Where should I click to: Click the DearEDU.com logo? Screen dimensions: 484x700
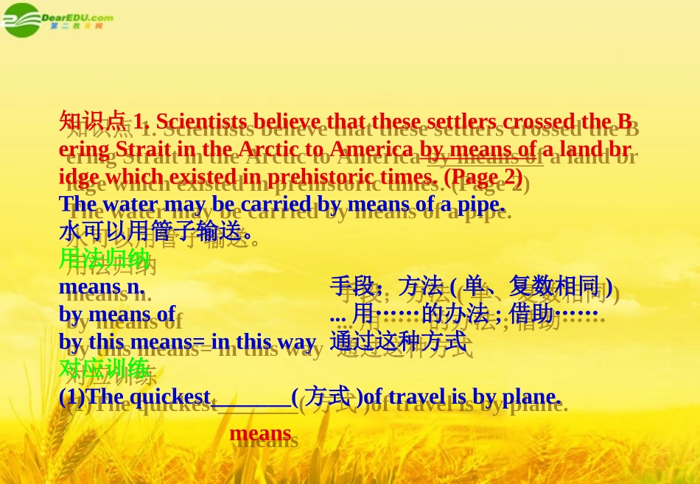57,19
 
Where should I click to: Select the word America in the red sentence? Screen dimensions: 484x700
371,149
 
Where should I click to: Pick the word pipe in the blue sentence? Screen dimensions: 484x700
480,204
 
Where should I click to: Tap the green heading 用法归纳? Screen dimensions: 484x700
104,259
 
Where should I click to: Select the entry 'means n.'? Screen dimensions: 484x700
101,286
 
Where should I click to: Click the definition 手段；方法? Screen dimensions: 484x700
386,286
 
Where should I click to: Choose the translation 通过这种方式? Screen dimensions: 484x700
398,341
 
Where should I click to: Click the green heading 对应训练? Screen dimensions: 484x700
104,368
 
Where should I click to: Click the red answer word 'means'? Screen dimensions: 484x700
260,433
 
